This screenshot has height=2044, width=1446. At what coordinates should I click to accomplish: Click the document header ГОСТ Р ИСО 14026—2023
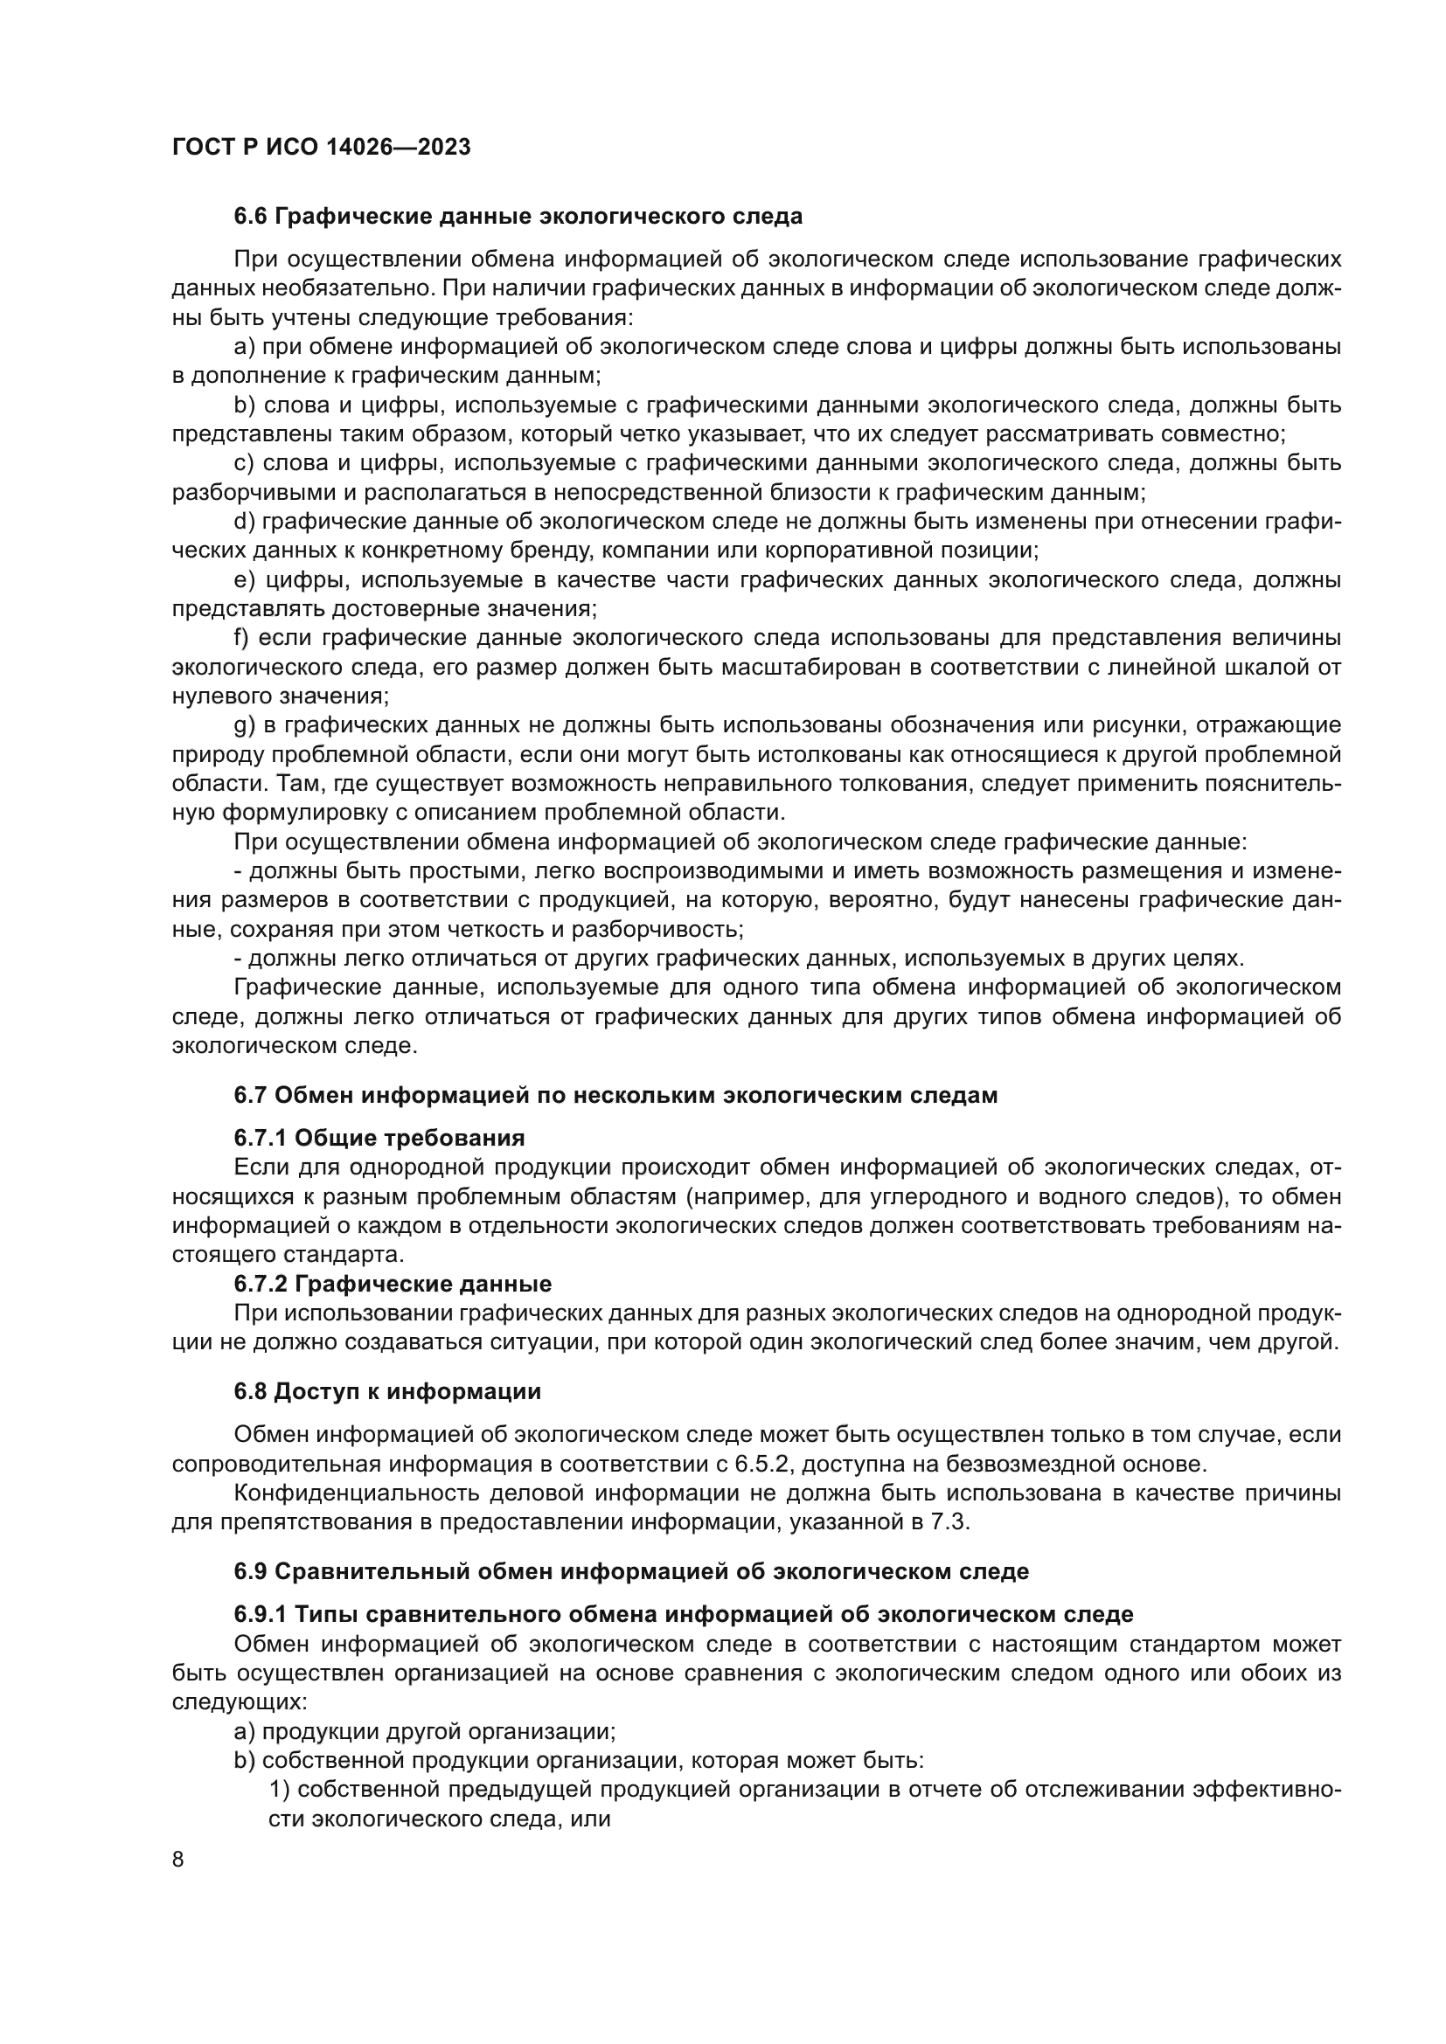321,148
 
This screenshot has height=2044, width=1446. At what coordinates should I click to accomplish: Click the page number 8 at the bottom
178,1859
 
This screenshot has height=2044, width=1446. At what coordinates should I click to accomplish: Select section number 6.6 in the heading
250,217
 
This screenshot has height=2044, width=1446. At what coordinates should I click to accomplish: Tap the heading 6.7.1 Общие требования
379,1138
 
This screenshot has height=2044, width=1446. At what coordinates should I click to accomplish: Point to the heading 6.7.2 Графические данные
393,1284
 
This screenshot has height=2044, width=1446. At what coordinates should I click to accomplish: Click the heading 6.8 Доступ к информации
387,1391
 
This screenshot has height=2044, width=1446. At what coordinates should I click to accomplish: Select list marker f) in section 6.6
242,638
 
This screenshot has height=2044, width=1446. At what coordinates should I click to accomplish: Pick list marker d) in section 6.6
244,522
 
